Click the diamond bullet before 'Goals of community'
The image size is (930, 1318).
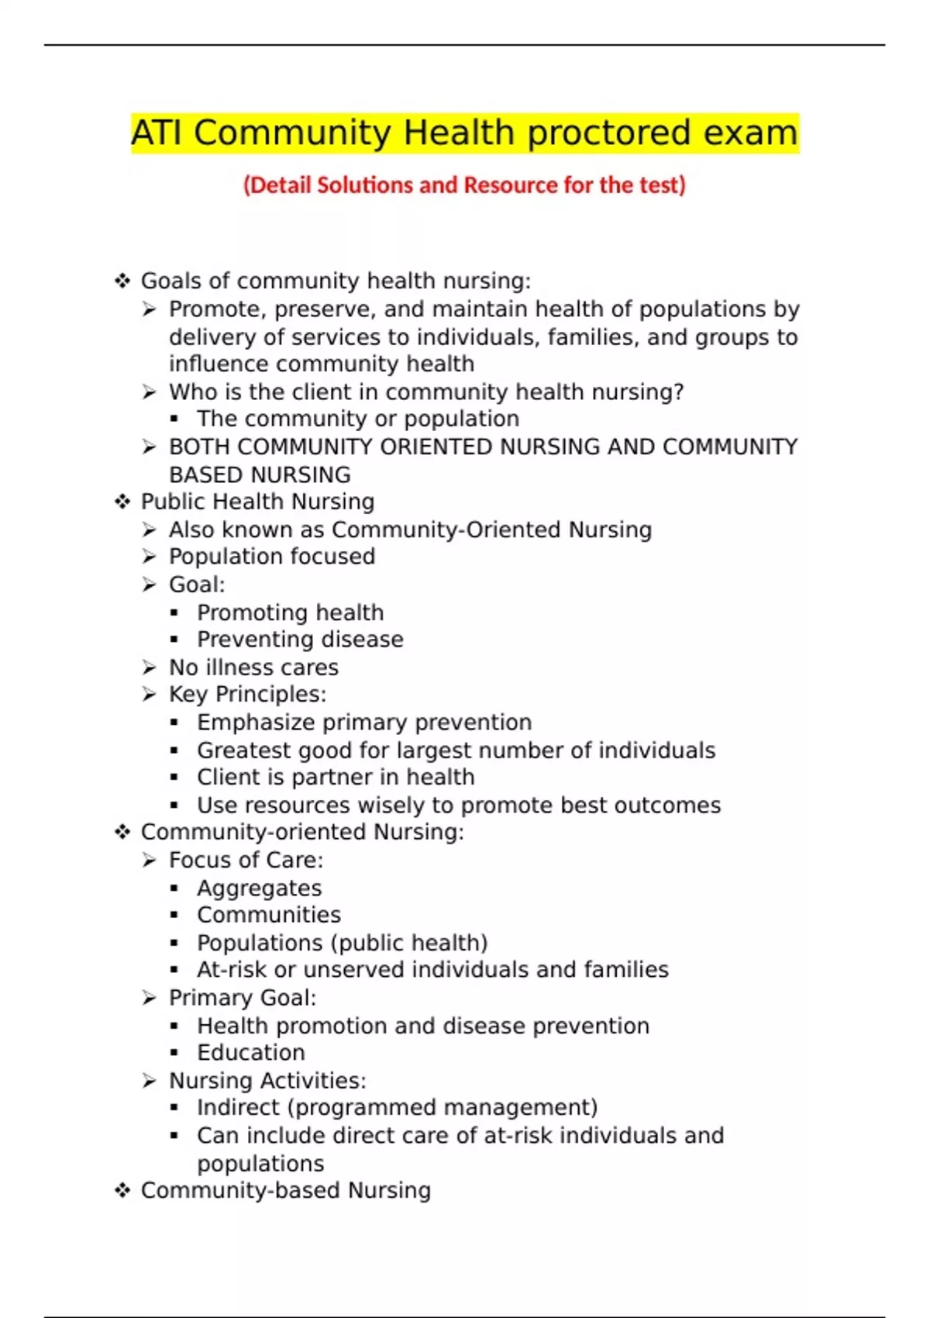(x=122, y=281)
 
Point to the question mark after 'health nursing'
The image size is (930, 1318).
(x=679, y=392)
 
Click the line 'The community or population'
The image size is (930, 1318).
(x=357, y=419)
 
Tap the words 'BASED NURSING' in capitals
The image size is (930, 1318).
(x=260, y=474)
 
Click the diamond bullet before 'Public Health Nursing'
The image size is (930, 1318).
(x=122, y=502)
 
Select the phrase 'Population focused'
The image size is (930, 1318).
(x=271, y=557)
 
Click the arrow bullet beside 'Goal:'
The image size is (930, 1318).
(x=150, y=585)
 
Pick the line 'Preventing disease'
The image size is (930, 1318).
(x=300, y=640)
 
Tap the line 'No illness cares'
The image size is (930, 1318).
(x=253, y=668)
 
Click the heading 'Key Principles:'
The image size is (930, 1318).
(x=247, y=695)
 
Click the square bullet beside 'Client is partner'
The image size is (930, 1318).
(x=174, y=778)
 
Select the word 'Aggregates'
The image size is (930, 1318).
(x=259, y=888)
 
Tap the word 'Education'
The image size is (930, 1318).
(x=250, y=1053)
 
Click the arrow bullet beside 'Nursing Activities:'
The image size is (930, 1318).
(x=150, y=1081)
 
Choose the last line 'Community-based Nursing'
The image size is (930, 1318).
(x=285, y=1191)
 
